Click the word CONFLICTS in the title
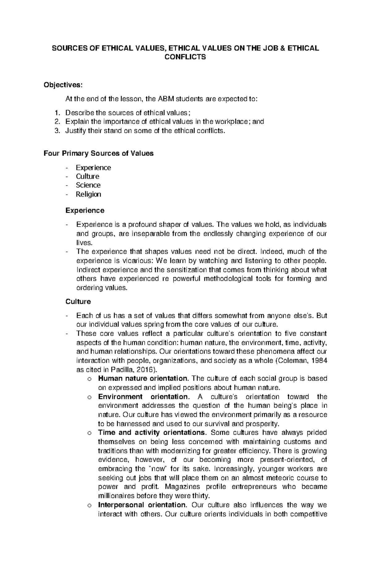point(185,57)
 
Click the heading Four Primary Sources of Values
point(99,153)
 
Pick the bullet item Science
point(88,185)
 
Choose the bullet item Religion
point(88,194)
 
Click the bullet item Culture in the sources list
point(87,176)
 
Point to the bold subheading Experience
point(85,210)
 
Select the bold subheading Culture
point(78,301)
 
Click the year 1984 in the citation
point(320,361)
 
